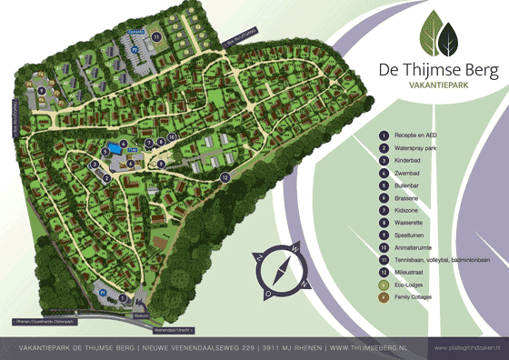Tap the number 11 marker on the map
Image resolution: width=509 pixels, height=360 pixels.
pos(156,36)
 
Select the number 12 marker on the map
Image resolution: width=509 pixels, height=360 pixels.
pos(224,178)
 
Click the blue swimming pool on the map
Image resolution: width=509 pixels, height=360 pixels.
pos(112,148)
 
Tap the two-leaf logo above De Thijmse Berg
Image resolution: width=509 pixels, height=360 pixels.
pos(437,36)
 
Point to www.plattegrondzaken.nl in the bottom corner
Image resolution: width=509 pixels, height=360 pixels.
pos(468,347)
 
